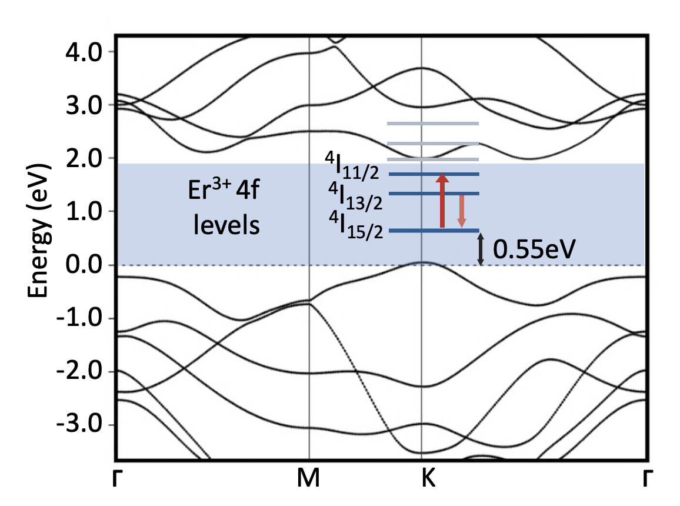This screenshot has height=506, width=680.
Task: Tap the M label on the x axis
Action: click(x=309, y=480)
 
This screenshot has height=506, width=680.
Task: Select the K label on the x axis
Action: click(x=428, y=480)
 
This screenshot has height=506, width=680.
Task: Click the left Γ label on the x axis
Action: click(x=118, y=480)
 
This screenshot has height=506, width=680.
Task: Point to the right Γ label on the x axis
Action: click(x=647, y=480)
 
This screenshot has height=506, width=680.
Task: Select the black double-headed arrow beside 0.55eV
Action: click(x=480, y=249)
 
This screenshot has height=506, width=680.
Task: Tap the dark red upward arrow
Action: click(x=442, y=201)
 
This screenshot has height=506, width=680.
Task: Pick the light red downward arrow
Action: click(x=462, y=211)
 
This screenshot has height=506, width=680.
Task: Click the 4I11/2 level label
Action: click(x=355, y=167)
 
